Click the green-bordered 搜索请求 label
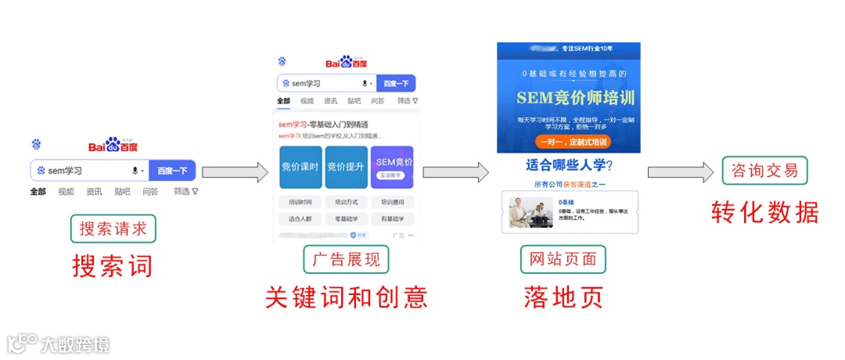(113, 229)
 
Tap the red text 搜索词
(113, 266)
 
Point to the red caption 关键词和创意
(346, 297)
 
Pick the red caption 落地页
(563, 297)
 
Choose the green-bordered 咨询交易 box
(764, 170)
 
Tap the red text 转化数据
(764, 212)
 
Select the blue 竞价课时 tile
(300, 167)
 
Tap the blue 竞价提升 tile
(345, 167)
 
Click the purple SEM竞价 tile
(392, 167)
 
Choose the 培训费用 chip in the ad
(392, 202)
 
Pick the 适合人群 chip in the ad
(300, 218)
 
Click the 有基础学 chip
(392, 218)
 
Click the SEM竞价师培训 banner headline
(575, 98)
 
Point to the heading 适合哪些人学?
(569, 166)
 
